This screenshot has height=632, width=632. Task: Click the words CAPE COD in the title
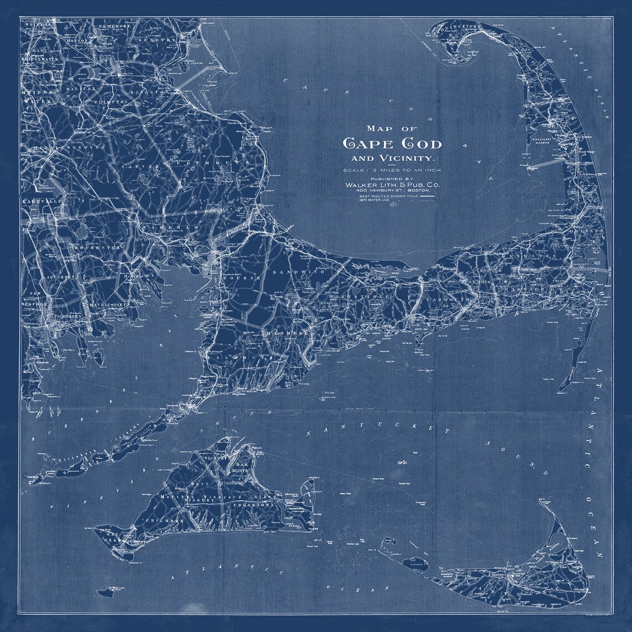coord(393,144)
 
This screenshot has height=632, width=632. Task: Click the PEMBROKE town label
coord(115,26)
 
